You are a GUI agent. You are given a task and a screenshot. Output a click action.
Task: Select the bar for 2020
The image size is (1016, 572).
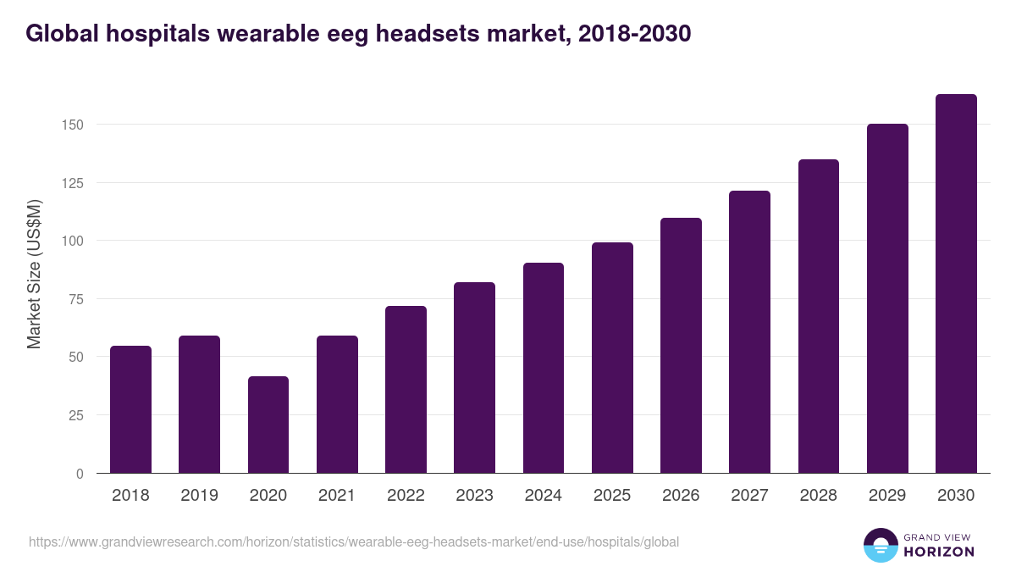click(x=268, y=425)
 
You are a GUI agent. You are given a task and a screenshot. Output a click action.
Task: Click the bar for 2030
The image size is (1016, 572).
click(x=956, y=284)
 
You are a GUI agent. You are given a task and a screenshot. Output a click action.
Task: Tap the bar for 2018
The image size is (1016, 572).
click(x=130, y=409)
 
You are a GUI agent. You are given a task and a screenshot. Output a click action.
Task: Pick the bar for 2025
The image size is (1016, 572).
click(x=612, y=358)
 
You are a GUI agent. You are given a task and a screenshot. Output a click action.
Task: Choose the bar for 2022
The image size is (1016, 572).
click(x=406, y=390)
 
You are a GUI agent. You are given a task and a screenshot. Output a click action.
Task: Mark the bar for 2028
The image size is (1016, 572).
click(x=818, y=316)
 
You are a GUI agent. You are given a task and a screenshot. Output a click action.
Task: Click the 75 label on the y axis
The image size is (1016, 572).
click(x=77, y=299)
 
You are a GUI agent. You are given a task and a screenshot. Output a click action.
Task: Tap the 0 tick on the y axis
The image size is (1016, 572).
click(x=80, y=474)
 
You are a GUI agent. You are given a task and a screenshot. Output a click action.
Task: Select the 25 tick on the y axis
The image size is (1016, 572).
click(x=77, y=415)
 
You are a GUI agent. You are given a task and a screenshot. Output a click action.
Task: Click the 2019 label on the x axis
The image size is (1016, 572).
click(x=199, y=496)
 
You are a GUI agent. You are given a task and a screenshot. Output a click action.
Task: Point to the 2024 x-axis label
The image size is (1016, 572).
click(x=543, y=496)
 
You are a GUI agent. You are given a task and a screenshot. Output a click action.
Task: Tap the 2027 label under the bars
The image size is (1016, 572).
click(x=749, y=496)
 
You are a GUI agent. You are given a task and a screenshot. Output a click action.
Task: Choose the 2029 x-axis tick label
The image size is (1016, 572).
click(x=887, y=496)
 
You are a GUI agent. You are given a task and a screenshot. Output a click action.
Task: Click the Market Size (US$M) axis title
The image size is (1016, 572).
click(x=34, y=274)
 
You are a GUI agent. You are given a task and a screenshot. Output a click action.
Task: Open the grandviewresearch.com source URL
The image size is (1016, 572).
click(x=354, y=541)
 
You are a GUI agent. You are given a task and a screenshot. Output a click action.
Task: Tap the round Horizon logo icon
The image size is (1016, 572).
click(x=881, y=545)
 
